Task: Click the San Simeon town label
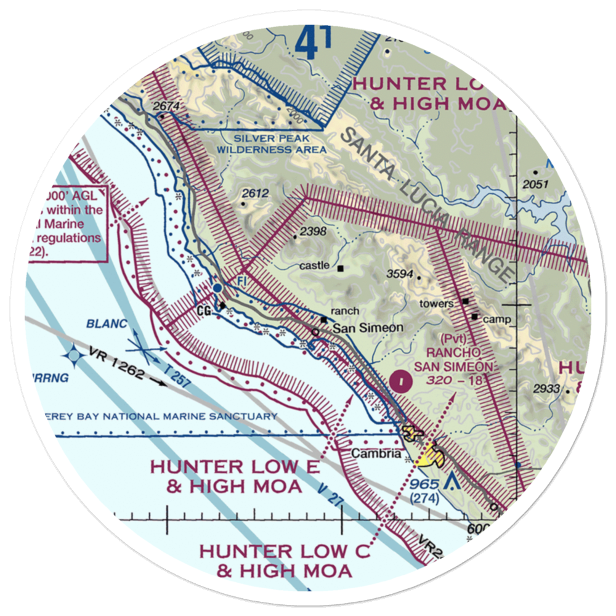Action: pos(368,328)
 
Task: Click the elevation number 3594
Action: pos(400,274)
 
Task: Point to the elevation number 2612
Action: pos(255,193)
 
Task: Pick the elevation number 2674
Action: pos(166,107)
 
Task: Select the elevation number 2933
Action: pos(548,389)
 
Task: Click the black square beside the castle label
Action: pos(340,268)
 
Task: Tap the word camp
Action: pos(494,319)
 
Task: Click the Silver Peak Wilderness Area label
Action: pos(272,144)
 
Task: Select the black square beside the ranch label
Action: pos(323,319)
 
